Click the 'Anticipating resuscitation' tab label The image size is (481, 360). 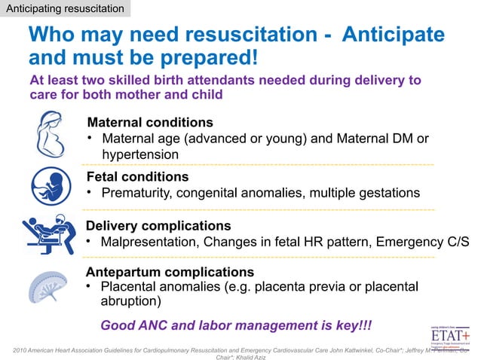coord(65,9)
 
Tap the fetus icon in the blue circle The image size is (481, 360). coord(51,185)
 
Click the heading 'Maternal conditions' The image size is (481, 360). coord(150,122)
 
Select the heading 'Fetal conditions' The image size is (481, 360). coord(137,177)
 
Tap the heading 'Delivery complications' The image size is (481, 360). coord(158,226)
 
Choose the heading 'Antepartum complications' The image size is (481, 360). coord(170,271)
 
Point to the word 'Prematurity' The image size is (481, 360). coord(136,194)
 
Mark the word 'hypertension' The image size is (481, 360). coord(140,154)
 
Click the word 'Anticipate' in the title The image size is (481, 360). coord(393,35)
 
